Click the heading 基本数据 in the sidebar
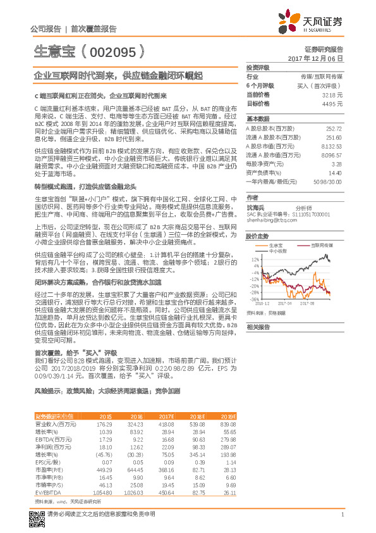tap(258, 119)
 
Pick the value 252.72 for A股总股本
tap(333, 129)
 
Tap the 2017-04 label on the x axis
tap(292, 304)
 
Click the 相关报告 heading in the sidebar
tap(258, 327)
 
